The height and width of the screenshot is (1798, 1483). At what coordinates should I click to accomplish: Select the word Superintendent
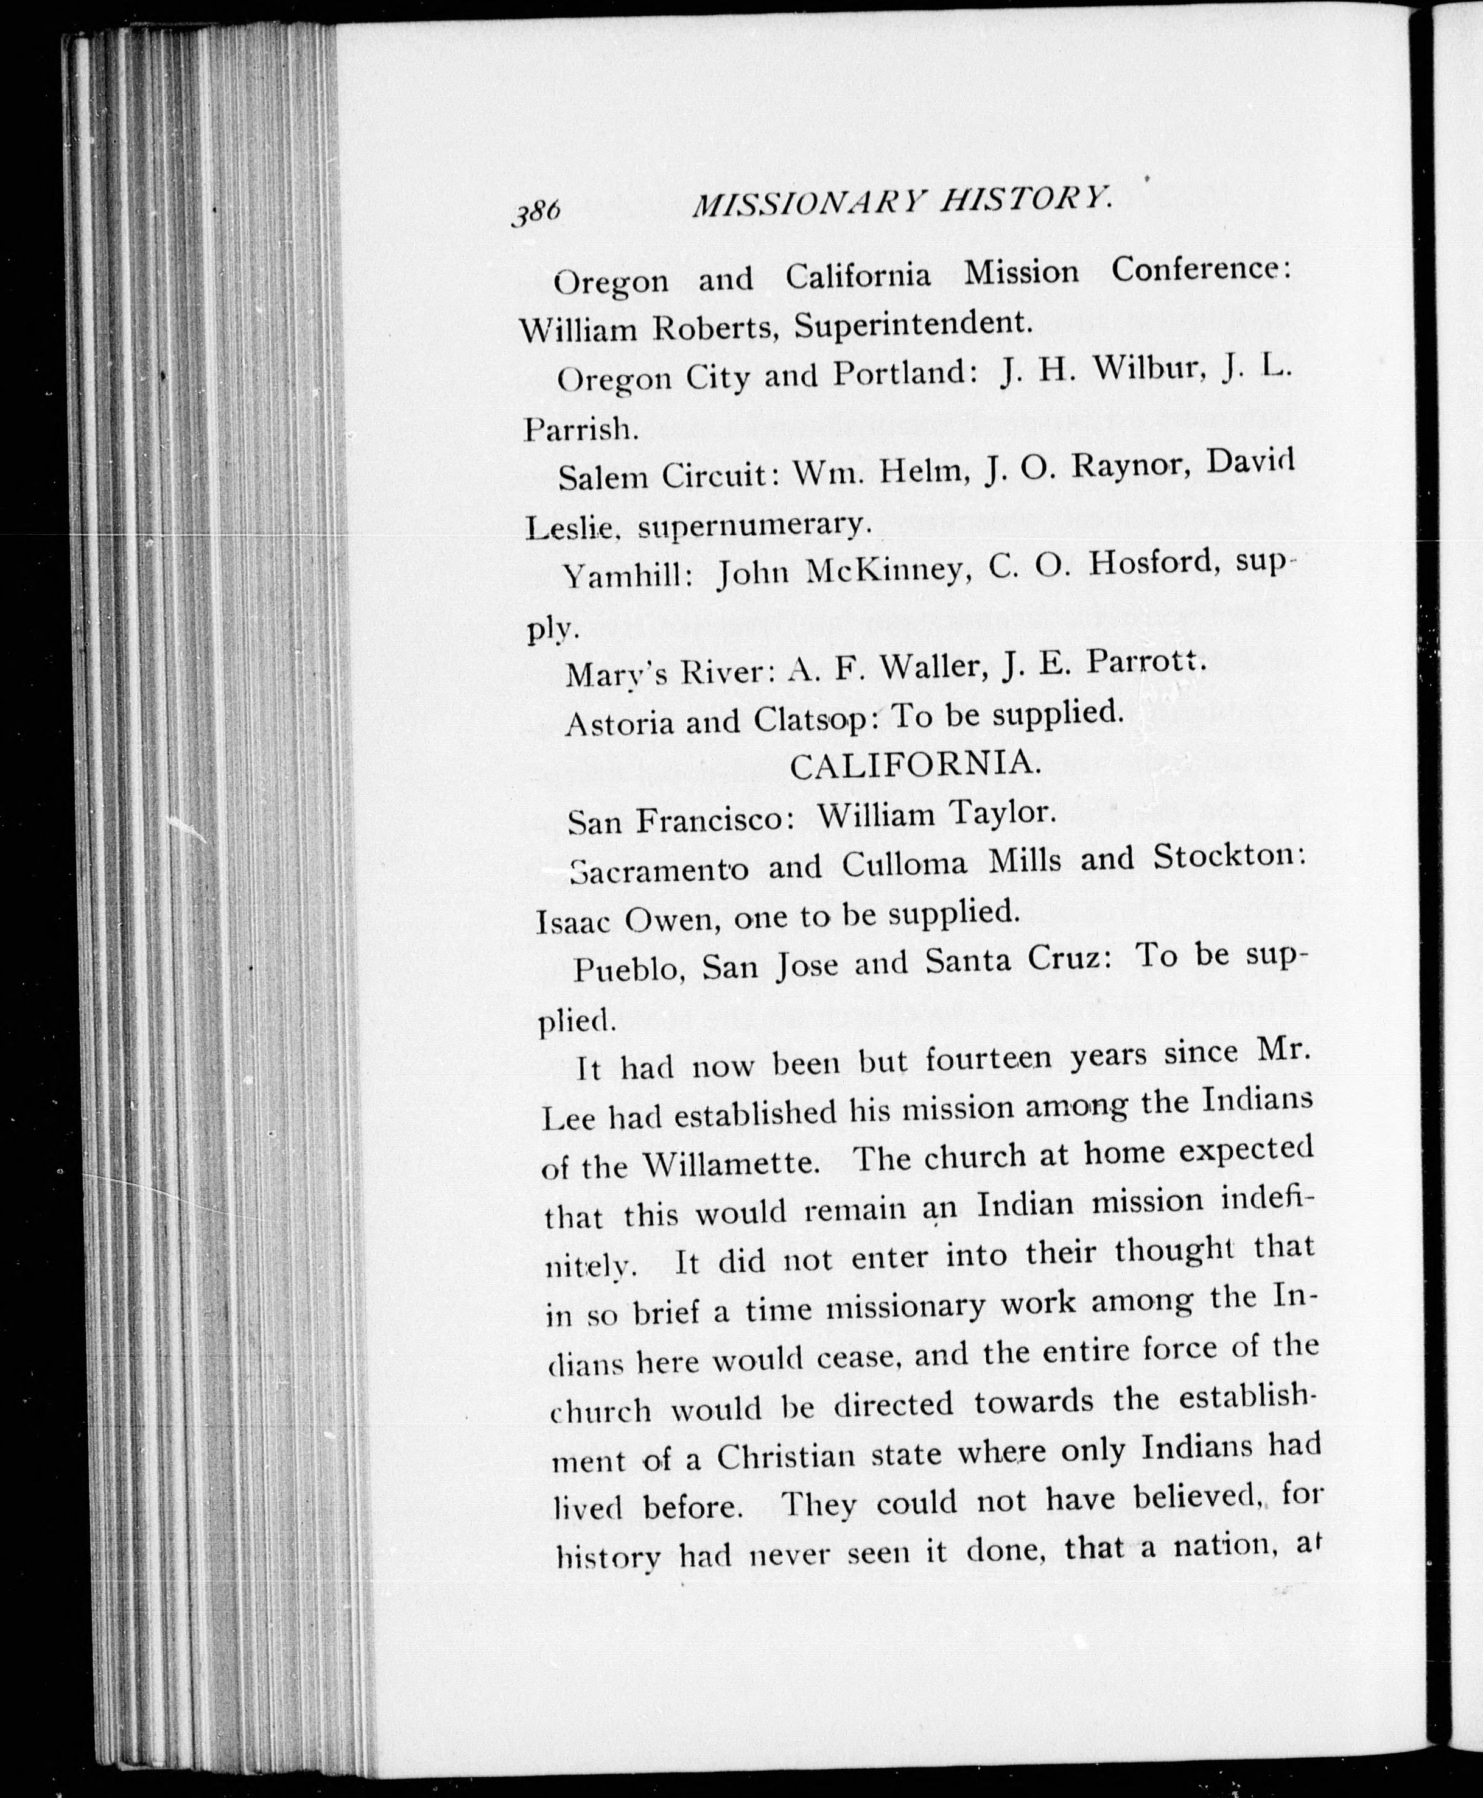911,324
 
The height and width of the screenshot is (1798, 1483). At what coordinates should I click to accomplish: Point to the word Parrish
581,428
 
